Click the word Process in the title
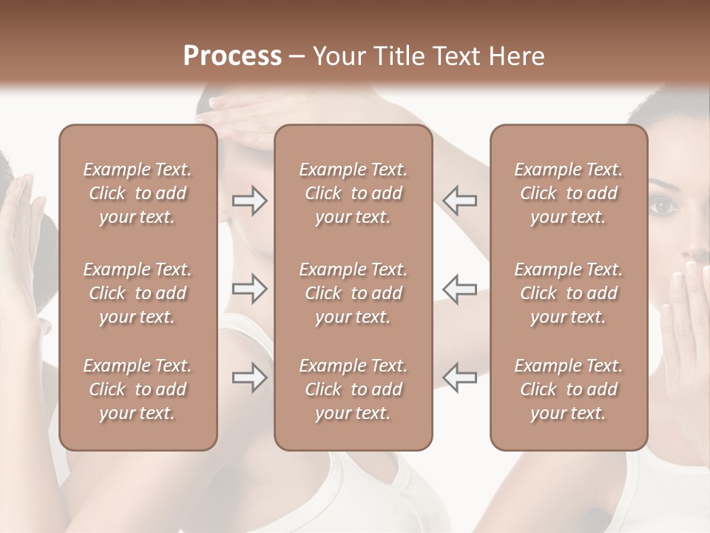pos(232,56)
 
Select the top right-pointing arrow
pos(249,201)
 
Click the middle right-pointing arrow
pos(249,289)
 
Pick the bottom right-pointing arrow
pos(249,378)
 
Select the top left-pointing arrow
pos(460,201)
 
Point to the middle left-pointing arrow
pos(460,289)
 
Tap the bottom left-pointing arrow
pos(460,378)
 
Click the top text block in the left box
pos(138,193)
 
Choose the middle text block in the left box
pos(138,293)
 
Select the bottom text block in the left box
pos(138,389)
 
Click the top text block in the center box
pos(353,193)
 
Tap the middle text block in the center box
pos(353,293)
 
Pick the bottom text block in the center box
pos(353,389)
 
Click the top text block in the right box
pos(568,193)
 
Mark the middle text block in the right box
pos(568,293)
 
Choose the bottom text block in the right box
pos(568,389)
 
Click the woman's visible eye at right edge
pos(663,205)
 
